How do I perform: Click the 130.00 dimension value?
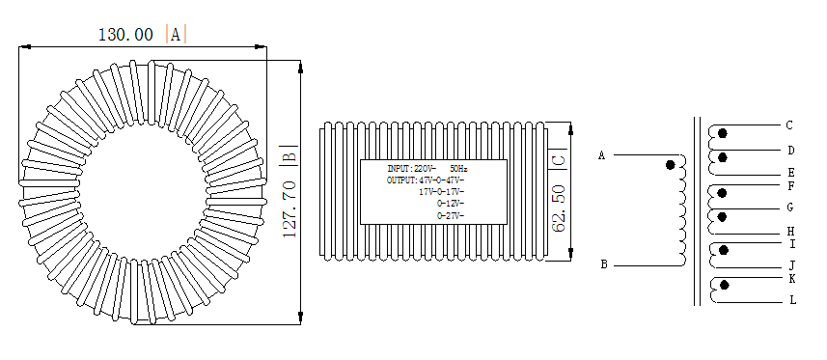coord(125,35)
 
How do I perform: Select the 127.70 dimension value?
coord(290,209)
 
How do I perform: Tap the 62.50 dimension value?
coord(559,208)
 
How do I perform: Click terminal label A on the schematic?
coord(602,155)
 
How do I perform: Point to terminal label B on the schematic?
coord(604,264)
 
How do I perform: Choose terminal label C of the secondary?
coord(789,125)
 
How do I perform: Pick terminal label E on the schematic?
coord(791,173)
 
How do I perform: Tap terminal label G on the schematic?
coord(790,208)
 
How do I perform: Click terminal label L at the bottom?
coord(792,300)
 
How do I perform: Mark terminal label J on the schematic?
coord(791,265)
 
